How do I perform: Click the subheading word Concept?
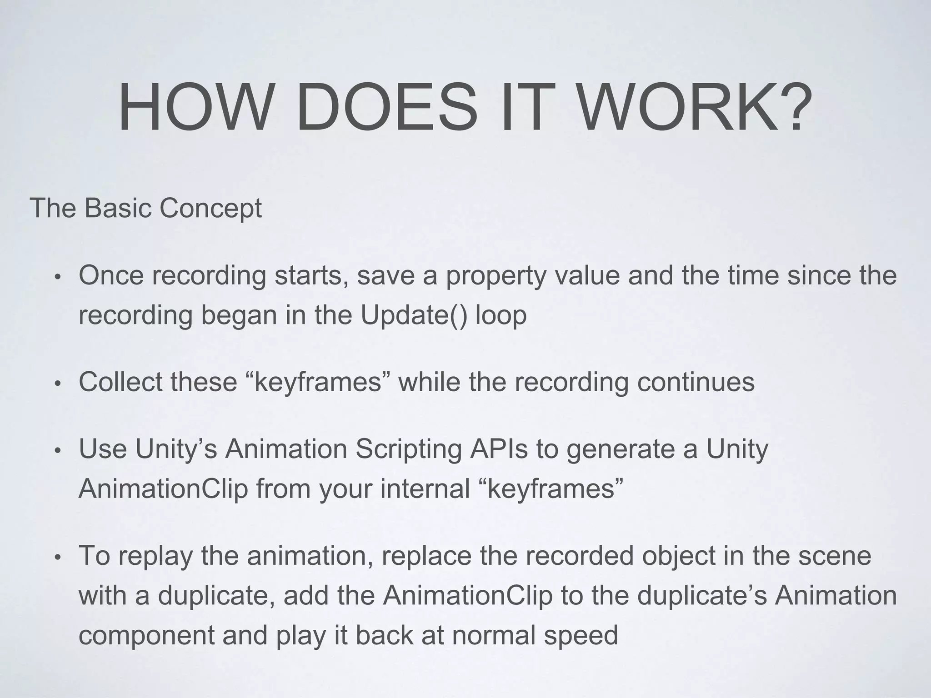tap(210, 209)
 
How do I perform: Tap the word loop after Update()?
tap(501, 315)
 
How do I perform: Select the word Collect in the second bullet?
tap(120, 382)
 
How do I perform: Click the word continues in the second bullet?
tap(696, 382)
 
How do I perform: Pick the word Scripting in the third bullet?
tap(408, 449)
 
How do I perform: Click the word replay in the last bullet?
tap(155, 556)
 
